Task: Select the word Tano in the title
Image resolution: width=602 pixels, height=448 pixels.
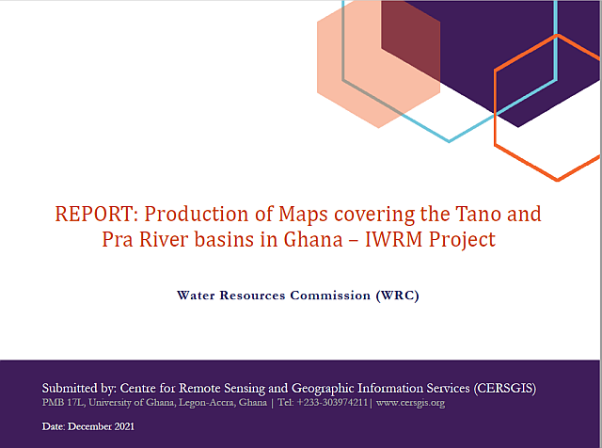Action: coord(479,214)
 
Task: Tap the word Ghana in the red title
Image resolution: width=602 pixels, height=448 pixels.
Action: coord(313,240)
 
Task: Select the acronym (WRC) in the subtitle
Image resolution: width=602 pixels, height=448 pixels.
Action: coord(397,296)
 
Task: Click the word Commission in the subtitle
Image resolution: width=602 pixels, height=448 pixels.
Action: coord(330,296)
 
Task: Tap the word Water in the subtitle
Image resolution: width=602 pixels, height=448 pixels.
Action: coord(196,296)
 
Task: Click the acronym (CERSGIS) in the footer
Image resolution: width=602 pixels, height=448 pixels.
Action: coord(505,389)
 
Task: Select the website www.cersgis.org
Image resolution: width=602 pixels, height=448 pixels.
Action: coord(410,403)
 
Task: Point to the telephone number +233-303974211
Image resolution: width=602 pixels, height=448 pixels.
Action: coord(332,403)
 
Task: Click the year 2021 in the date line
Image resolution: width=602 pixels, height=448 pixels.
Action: coord(124,426)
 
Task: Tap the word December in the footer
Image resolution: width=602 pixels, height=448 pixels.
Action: coord(90,426)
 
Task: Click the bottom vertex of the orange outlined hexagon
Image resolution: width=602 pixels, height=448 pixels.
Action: coord(558,180)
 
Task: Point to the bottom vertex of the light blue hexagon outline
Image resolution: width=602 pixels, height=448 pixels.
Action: coord(450,141)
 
